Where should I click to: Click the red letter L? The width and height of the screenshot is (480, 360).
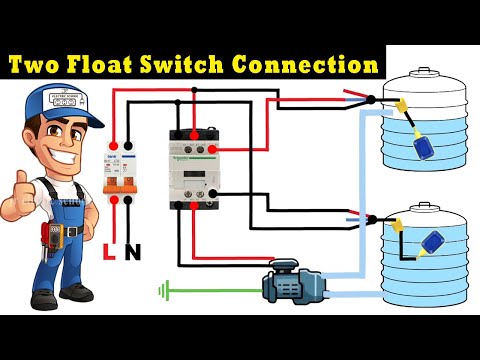click(x=108, y=252)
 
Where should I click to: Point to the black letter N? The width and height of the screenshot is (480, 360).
click(x=132, y=252)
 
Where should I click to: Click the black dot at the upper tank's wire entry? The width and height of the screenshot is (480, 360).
click(x=371, y=99)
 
